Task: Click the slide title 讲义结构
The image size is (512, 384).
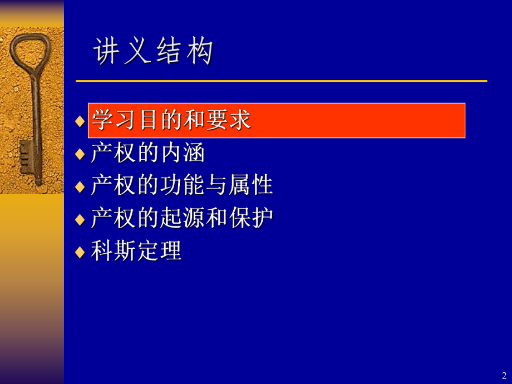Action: (x=154, y=53)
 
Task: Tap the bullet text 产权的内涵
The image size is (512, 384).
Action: (x=148, y=152)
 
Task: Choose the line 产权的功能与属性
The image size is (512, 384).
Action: (x=182, y=185)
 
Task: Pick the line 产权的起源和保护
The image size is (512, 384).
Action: (x=182, y=218)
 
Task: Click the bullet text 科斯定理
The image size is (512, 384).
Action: (x=136, y=251)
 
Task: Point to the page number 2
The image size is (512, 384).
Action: (x=504, y=375)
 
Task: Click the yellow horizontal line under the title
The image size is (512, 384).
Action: (x=281, y=81)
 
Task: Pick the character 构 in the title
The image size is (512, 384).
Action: (x=200, y=53)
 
